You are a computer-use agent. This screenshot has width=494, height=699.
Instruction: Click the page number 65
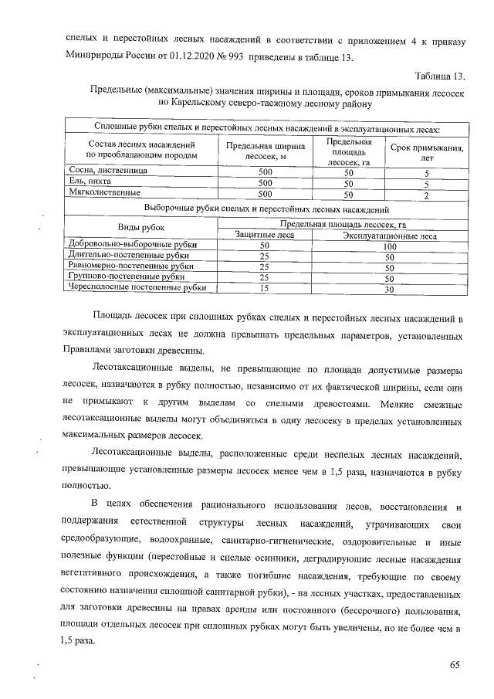click(x=454, y=666)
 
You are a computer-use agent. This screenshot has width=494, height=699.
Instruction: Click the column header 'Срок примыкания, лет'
click(x=427, y=151)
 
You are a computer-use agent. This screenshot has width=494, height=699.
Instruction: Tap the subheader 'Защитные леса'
click(x=264, y=236)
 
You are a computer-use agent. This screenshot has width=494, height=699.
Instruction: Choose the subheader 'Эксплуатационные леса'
click(x=390, y=236)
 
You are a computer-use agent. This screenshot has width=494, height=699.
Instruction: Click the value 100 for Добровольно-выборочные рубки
click(x=390, y=246)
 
